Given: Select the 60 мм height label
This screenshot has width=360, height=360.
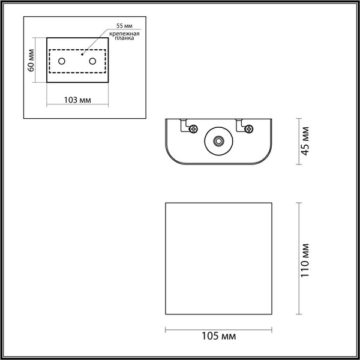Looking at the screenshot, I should [31, 60].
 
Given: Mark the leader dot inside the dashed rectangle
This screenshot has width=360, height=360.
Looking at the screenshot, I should [82, 55].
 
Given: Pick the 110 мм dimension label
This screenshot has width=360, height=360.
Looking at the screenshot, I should [306, 260].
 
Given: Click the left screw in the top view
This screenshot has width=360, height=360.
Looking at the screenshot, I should [193, 128].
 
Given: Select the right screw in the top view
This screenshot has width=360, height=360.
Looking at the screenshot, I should [248, 128].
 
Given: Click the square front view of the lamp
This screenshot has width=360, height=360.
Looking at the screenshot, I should [219, 259].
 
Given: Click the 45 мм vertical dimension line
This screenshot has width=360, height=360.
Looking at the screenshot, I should [298, 142].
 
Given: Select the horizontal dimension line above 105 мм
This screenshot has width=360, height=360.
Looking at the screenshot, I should [219, 329].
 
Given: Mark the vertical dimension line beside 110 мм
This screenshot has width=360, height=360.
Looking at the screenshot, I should [298, 259].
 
